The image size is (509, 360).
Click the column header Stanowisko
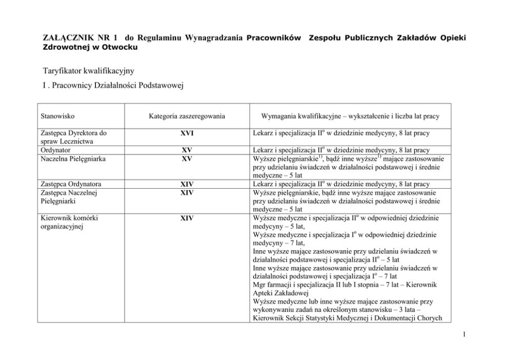[55, 116]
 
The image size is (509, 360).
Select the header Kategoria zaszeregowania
[187, 116]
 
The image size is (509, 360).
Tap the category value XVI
[187, 134]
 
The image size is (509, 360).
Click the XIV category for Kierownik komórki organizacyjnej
[187, 218]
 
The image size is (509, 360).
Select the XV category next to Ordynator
[187, 151]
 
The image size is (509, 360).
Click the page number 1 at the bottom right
[463, 336]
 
